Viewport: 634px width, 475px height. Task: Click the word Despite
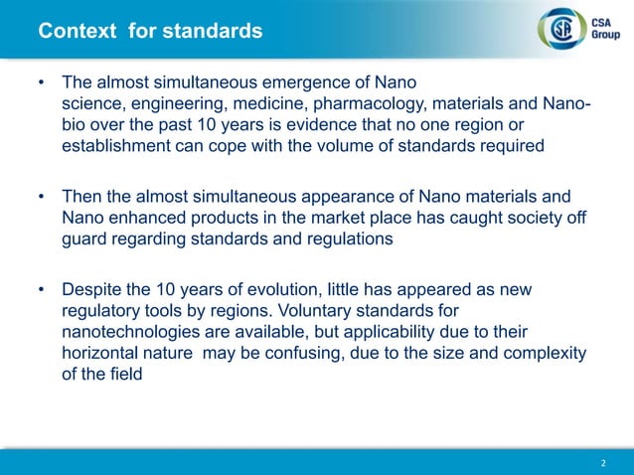pyautogui.click(x=93, y=289)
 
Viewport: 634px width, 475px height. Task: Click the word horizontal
pyautogui.click(x=103, y=354)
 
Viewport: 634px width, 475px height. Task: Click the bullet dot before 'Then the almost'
pyautogui.click(x=42, y=197)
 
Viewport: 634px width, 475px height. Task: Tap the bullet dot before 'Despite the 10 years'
pyautogui.click(x=42, y=289)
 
